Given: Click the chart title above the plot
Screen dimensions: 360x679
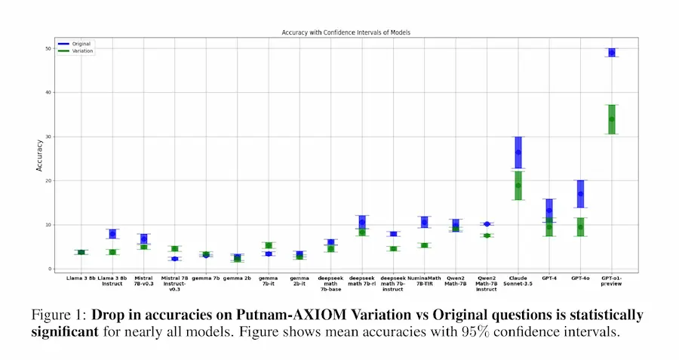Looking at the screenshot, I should point(346,33).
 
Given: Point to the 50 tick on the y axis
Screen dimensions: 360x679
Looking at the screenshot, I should point(48,48).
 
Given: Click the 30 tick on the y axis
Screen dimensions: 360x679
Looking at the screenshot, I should point(48,137).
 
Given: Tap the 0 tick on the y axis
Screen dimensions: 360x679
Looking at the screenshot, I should point(50,269).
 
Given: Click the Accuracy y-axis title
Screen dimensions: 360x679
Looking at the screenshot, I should point(39,154).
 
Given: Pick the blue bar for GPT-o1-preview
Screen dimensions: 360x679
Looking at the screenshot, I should point(612,52).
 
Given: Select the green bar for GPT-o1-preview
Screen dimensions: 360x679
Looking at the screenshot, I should point(612,119).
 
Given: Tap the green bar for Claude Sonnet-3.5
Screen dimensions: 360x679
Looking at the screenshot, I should point(518,186).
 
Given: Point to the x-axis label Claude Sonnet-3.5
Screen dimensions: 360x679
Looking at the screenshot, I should point(518,281).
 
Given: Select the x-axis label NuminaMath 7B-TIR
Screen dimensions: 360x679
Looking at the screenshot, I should point(424,281).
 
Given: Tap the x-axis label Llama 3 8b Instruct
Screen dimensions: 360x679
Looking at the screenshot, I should point(112,281).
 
